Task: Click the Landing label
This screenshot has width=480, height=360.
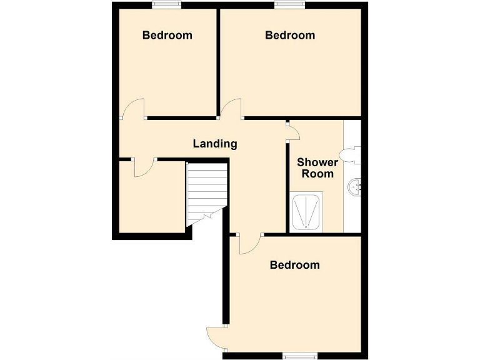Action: click(214, 144)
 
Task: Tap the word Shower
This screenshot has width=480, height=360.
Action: click(317, 162)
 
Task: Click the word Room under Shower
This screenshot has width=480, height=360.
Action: click(317, 174)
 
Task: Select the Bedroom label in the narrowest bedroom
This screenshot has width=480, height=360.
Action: click(167, 35)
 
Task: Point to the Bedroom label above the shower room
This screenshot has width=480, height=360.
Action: click(290, 35)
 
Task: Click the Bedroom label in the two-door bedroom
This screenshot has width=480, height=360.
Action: click(294, 265)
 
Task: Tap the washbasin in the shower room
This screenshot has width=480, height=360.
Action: click(355, 186)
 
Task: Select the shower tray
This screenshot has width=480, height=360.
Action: click(306, 213)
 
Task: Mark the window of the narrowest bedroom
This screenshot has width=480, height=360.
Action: click(167, 5)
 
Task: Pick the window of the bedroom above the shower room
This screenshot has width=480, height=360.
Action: click(289, 5)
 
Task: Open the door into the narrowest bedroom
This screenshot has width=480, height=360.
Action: click(134, 109)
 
